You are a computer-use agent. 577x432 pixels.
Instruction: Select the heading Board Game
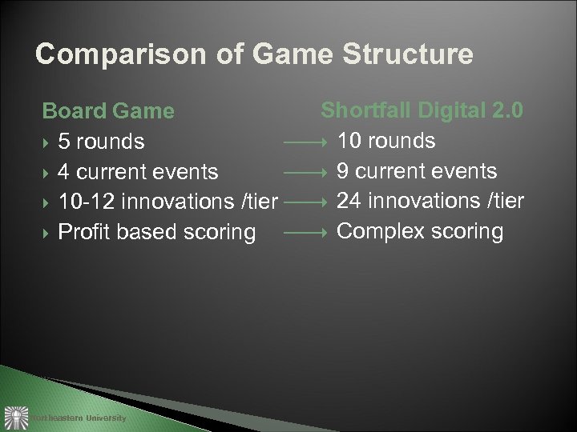(107, 110)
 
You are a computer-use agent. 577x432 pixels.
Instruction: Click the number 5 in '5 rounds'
(63, 142)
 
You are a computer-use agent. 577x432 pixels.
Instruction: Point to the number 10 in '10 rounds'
(351, 141)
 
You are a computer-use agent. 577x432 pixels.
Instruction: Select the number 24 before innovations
(351, 201)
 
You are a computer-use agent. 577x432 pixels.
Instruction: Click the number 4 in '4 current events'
(63, 172)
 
